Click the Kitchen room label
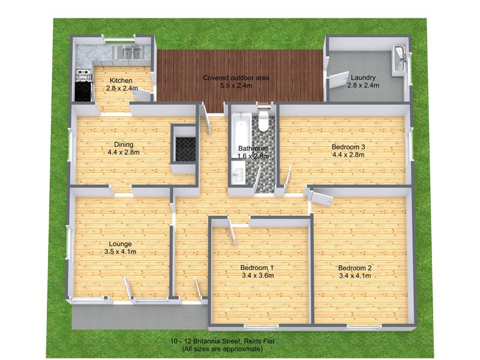[x=121, y=80]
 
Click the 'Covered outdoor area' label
[x=236, y=77]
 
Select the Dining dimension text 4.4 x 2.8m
[x=124, y=152]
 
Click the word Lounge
[x=121, y=244]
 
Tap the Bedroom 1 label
[x=257, y=268]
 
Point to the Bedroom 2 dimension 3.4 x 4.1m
[x=355, y=276]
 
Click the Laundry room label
[x=364, y=77]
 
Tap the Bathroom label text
[x=253, y=148]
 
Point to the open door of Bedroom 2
[x=320, y=199]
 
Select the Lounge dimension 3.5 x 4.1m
[x=122, y=252]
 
